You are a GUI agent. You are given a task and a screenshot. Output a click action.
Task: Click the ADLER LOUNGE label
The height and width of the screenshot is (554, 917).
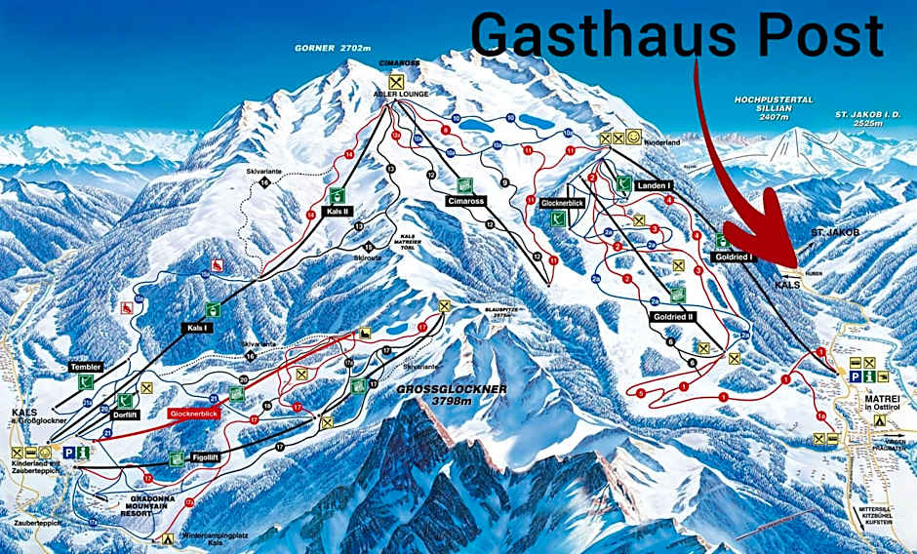click(x=395, y=95)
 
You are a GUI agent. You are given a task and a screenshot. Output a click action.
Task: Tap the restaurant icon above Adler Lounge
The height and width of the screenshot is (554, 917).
click(x=395, y=80)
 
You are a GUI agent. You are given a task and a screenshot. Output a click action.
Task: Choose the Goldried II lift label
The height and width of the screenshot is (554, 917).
click(x=674, y=317)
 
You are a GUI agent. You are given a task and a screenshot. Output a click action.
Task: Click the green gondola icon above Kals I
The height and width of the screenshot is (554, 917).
click(x=212, y=310)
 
